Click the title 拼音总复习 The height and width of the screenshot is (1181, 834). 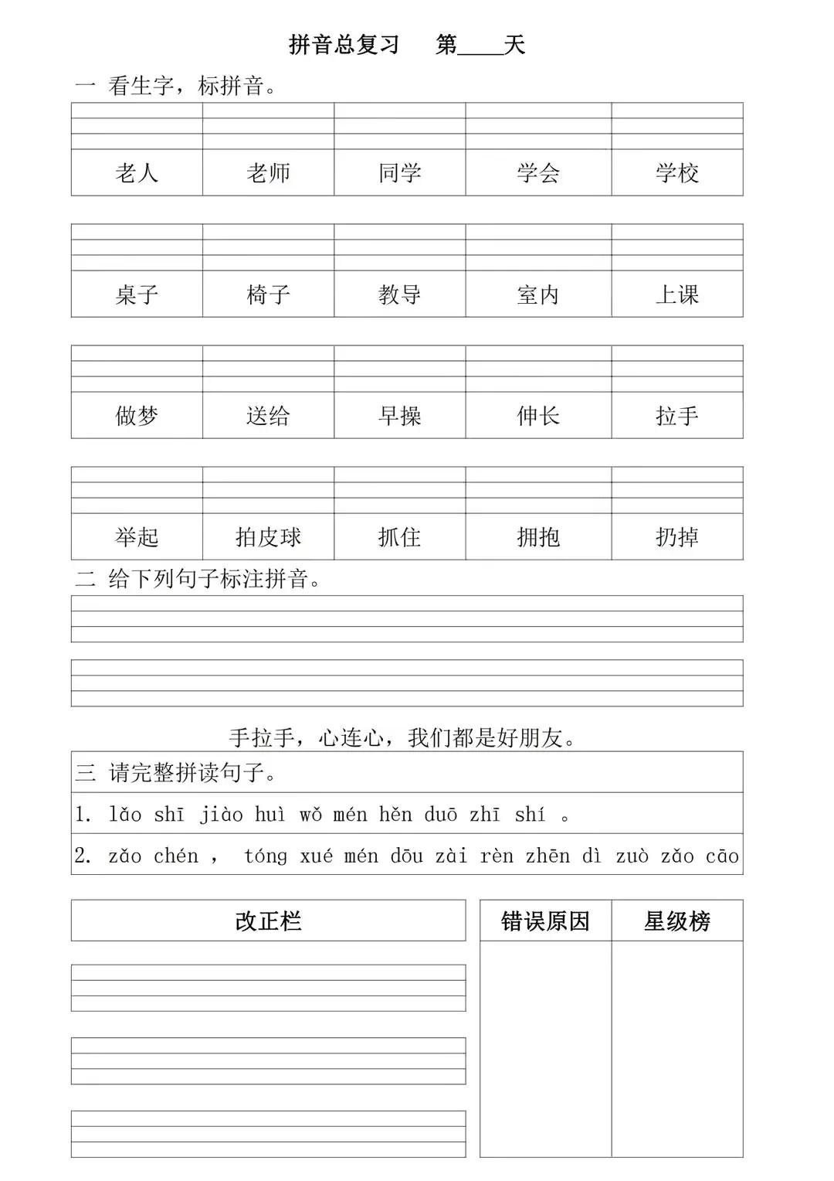point(344,45)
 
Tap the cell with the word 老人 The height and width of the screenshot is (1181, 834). point(137,172)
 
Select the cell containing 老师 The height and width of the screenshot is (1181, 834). point(268,172)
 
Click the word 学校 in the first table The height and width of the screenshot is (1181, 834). point(676,172)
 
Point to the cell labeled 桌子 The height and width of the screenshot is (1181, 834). point(137,294)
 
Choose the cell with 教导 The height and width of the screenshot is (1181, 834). point(399,294)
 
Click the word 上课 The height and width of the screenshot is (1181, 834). point(676,294)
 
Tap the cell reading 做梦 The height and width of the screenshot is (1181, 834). point(137,416)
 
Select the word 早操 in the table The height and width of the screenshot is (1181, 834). point(399,416)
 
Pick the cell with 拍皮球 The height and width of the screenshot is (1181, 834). point(268,537)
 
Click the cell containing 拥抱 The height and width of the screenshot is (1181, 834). point(538,537)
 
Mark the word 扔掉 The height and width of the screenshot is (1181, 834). point(676,537)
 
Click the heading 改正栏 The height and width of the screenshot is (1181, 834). point(268,921)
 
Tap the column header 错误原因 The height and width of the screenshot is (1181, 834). point(545,921)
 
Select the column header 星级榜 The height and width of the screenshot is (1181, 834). point(676,921)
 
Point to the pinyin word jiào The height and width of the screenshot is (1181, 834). point(221,815)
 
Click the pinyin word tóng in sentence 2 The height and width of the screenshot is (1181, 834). point(265,856)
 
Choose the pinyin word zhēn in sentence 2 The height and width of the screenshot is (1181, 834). point(548,856)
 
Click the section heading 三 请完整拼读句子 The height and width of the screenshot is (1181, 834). point(176,772)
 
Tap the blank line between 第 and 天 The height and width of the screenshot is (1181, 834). point(480,48)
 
